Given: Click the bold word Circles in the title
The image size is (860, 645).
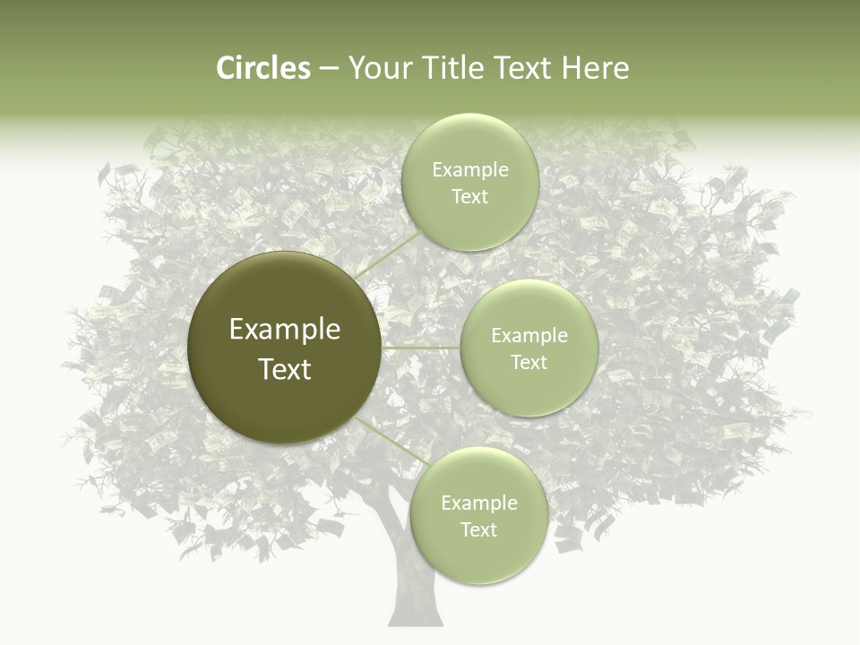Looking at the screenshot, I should pos(262,68).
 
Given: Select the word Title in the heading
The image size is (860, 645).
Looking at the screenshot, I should pos(451,68).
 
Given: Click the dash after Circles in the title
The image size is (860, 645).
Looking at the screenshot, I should pos(328,69).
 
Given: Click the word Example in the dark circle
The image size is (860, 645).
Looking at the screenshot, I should pos(285,330).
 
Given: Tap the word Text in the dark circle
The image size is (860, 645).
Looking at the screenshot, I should pos(285,369).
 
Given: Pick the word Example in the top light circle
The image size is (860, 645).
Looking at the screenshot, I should pos(470,170).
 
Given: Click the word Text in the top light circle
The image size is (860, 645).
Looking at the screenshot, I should pos(470,197).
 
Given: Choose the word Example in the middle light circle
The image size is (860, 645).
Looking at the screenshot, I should pos(529,336).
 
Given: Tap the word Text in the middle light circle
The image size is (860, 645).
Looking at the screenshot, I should pos(529,363).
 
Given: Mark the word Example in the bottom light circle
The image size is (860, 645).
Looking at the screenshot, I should pos(479,503).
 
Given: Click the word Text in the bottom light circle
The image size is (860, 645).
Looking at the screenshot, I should pos(479,530).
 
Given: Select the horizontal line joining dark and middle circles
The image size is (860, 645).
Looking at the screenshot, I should pos(421,348).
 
